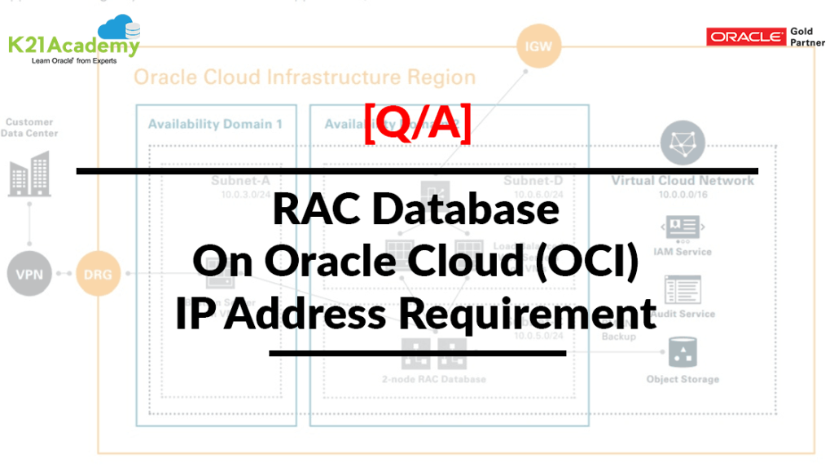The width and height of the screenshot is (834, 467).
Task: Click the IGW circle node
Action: click(538, 46)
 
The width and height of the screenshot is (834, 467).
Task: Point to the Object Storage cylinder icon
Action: click(682, 355)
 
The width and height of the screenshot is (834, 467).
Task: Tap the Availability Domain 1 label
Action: click(215, 125)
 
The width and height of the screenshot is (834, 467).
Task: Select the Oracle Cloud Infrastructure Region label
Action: click(304, 78)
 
